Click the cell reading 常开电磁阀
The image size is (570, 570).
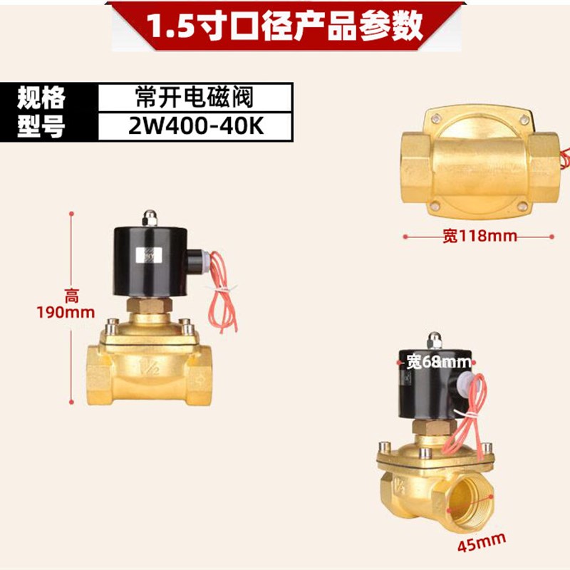coord(194,97)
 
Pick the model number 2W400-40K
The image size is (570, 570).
coord(194,126)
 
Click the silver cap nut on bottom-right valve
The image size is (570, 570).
coord(431,340)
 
